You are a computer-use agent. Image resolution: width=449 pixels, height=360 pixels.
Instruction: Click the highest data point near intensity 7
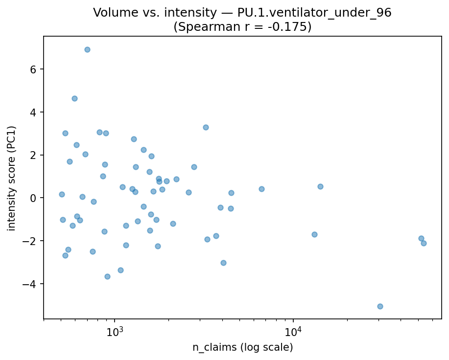(87, 49)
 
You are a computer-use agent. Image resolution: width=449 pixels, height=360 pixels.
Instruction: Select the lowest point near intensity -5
(380, 306)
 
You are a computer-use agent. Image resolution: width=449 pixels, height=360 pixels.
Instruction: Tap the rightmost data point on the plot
(424, 243)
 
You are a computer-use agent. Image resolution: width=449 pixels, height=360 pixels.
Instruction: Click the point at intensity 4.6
(74, 98)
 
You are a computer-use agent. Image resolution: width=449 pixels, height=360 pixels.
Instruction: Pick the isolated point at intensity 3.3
(206, 127)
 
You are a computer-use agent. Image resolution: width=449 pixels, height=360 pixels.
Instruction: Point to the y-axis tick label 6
(34, 69)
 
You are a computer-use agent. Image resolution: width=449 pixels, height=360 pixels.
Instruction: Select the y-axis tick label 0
(34, 198)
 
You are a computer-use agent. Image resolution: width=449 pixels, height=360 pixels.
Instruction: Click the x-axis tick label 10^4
(293, 331)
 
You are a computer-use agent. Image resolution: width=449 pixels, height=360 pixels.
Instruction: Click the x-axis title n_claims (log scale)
(242, 348)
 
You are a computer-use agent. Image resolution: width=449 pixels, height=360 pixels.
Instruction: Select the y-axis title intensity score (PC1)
(12, 178)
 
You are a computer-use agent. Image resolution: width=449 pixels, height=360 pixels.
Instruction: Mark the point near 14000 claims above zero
(320, 186)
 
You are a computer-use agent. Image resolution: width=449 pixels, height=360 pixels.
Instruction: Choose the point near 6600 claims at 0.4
(261, 189)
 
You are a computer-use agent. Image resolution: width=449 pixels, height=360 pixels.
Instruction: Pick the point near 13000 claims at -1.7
(314, 234)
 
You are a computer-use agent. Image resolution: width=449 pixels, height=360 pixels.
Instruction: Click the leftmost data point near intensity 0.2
(62, 194)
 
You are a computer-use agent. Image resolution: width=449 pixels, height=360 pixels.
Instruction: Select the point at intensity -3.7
(107, 276)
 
